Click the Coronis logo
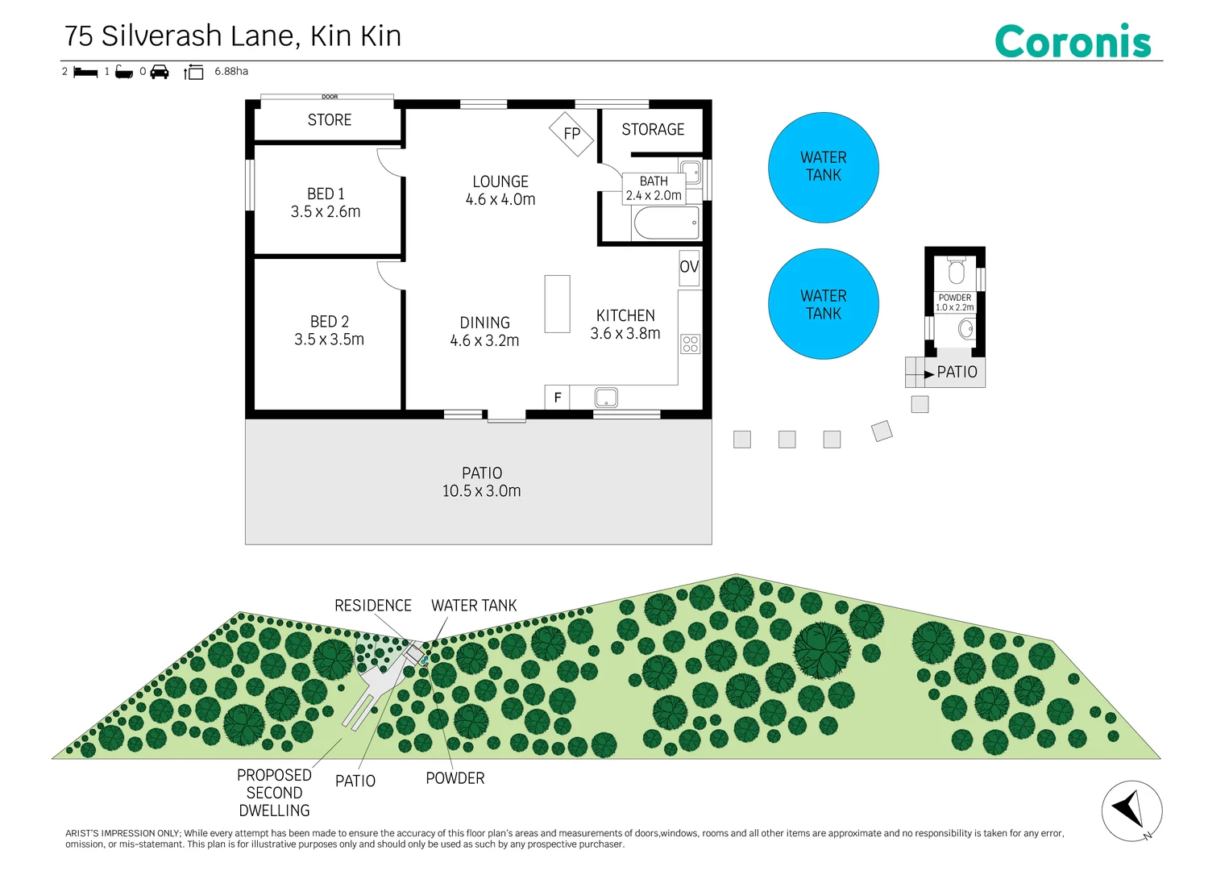coord(1073,41)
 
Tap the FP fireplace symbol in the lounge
coord(571,134)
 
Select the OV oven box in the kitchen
coord(689,268)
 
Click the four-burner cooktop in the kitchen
coord(691,344)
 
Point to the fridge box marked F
coord(557,397)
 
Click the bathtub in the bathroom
coord(666,223)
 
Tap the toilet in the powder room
coord(957,269)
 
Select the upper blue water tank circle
coord(823,168)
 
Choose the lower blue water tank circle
coord(823,304)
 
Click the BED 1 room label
coord(326,194)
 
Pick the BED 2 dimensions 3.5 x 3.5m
coord(329,340)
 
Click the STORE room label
coord(329,119)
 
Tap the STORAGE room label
coord(653,130)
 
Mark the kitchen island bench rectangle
coord(557,304)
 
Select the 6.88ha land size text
coord(231,72)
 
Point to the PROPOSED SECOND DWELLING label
coord(274,793)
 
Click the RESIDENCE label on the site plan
coord(373,605)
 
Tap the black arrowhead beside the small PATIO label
coord(929,374)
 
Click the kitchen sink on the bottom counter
coord(606,397)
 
